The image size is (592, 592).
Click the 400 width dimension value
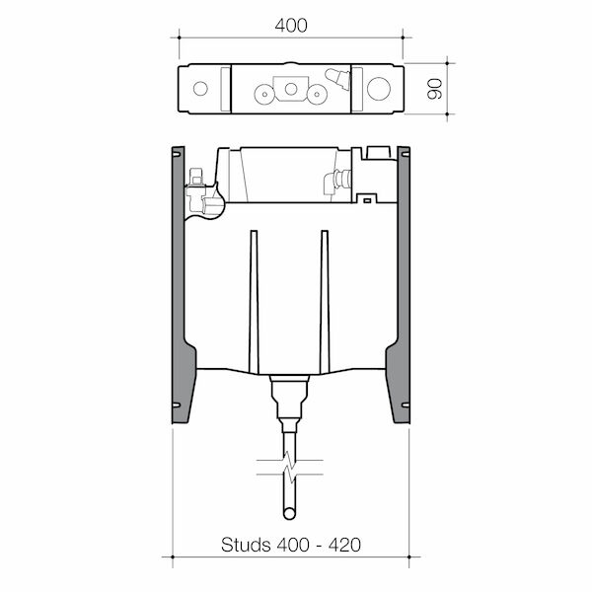(x=289, y=26)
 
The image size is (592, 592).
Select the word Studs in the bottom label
(x=246, y=545)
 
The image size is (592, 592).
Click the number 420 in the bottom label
(x=341, y=545)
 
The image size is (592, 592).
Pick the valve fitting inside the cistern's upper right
(x=339, y=182)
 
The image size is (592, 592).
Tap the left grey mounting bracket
(x=179, y=286)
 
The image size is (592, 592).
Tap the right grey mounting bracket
(x=403, y=286)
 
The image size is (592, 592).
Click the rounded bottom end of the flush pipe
(x=290, y=515)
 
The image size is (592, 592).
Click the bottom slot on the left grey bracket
(x=178, y=406)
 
